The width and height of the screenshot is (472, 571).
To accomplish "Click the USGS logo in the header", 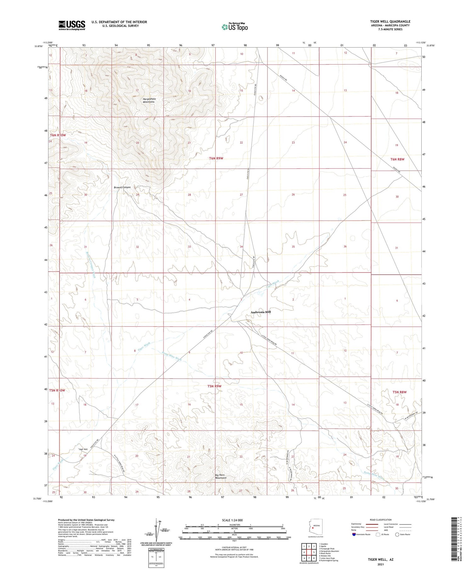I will tap(72, 25).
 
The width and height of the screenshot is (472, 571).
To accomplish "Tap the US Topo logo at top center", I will tap(235, 27).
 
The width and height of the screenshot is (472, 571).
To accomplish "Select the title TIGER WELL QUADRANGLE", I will tap(390, 21).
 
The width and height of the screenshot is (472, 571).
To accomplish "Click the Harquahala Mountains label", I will tap(149, 100).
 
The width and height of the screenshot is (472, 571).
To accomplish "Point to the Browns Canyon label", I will tap(122, 188).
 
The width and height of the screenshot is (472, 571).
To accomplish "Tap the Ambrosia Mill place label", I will tap(261, 312).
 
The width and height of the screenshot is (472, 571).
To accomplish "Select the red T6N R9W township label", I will tap(216, 158).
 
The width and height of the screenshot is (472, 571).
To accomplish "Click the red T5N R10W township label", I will tap(57, 391).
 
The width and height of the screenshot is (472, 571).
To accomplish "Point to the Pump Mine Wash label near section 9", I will tap(172, 356).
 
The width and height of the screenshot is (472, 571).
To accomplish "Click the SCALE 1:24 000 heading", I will tap(232, 520).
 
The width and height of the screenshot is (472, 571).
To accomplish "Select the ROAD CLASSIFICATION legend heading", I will tap(381, 520).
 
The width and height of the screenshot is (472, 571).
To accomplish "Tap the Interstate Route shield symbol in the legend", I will tap(354, 534).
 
